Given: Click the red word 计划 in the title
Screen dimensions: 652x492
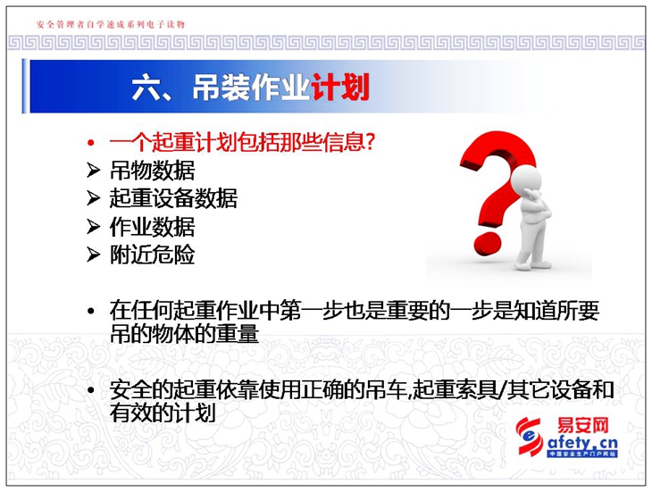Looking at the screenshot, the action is tap(340, 87).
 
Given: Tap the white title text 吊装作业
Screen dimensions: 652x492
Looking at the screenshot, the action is tap(252, 87).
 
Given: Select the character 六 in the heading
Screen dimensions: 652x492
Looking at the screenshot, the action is tap(145, 88).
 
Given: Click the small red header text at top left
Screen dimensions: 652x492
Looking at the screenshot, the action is tap(111, 24).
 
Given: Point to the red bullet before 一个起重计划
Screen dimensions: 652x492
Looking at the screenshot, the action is tap(91, 143).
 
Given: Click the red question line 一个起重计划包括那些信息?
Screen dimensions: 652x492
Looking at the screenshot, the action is tap(242, 142).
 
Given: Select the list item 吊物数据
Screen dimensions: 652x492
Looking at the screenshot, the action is tap(152, 171).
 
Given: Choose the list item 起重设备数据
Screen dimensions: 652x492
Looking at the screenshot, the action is tap(173, 198).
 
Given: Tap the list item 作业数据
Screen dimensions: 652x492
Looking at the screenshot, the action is tap(152, 227).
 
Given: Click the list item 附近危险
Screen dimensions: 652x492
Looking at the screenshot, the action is tap(152, 254).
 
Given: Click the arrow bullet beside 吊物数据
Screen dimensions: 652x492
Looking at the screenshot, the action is tap(94, 171).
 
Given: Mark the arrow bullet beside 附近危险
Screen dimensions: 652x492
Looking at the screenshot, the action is tap(94, 254).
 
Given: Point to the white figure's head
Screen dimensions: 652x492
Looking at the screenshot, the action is tap(525, 179).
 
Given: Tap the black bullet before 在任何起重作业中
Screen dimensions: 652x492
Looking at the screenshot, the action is tap(91, 312).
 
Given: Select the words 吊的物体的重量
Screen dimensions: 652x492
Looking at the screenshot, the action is tap(184, 334).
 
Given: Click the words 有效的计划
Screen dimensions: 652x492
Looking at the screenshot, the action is tap(163, 413).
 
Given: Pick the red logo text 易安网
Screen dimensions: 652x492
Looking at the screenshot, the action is tap(582, 426).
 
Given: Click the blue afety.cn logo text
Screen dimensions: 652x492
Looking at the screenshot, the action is tap(582, 443).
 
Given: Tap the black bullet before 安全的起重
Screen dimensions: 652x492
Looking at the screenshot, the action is tap(91, 390).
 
